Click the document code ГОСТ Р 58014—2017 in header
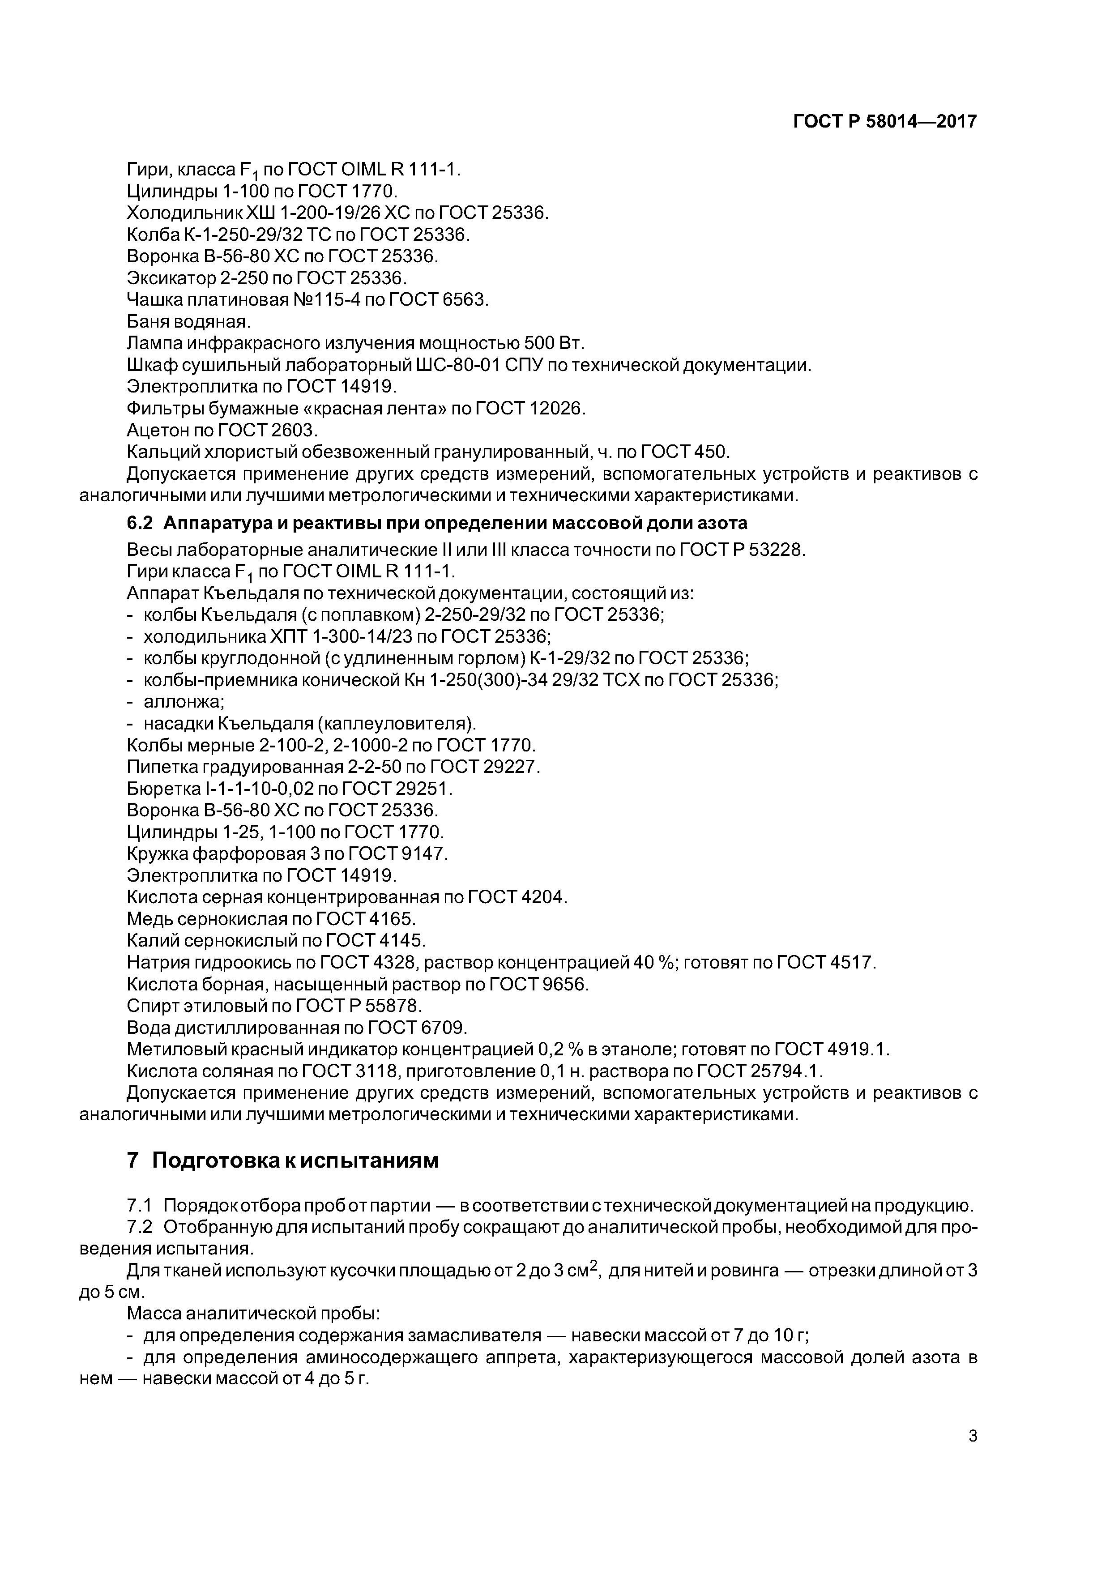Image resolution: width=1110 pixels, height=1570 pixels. pos(884,122)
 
